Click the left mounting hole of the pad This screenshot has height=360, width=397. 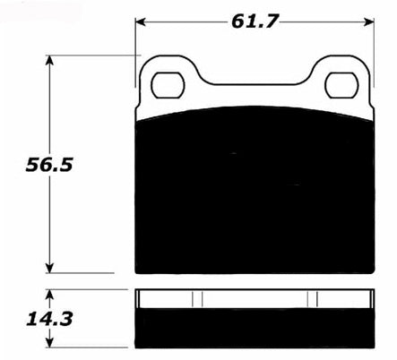coord(167,85)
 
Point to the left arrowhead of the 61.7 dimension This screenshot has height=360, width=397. coord(141,21)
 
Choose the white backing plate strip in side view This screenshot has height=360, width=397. coord(254,298)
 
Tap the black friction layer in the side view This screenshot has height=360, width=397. coord(254,327)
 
